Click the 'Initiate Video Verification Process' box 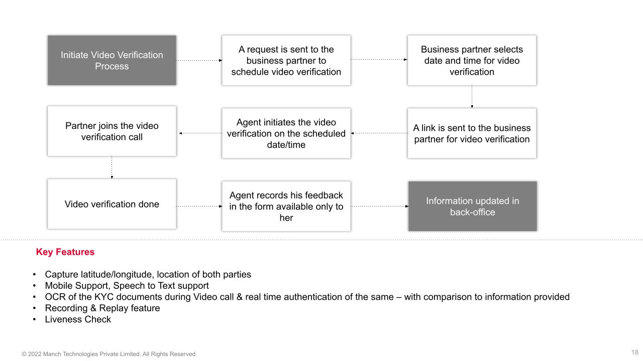coord(112,60)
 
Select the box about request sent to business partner coord(286,60)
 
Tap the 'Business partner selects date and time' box coord(472,60)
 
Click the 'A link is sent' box coord(472,133)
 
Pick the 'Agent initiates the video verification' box coord(286,133)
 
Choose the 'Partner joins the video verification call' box coord(112,131)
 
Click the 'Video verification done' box coord(112,204)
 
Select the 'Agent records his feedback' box coord(286,206)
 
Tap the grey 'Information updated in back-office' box coord(472,206)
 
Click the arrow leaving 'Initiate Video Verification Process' coord(199,60)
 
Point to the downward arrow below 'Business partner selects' coord(472,97)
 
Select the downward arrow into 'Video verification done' coord(112,167)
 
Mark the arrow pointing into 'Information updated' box coord(379,206)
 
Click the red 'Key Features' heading coord(65,252)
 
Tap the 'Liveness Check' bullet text coord(78,319)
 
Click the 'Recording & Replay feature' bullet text coord(102,308)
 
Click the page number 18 coord(634,352)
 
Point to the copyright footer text coord(109,354)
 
